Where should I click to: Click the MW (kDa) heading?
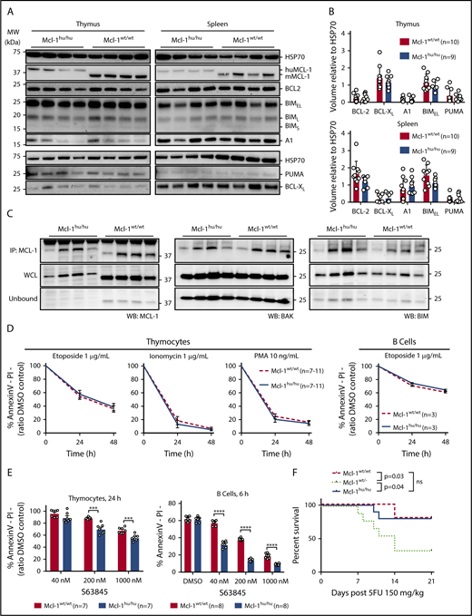[x=13, y=36]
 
